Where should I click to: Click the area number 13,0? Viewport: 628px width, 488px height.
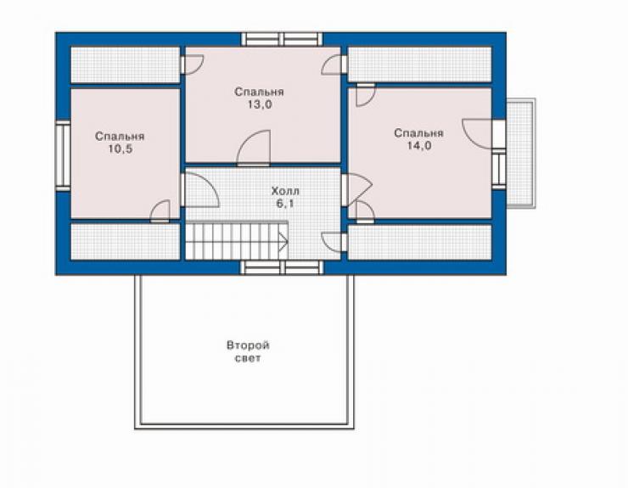pos(260,104)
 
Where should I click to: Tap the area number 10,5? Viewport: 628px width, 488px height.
pos(120,149)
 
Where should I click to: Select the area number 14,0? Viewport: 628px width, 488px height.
pos(419,146)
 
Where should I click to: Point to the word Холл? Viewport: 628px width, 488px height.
pos(285,191)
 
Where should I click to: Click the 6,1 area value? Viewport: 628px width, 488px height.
pos(285,204)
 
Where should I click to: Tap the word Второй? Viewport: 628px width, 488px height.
pos(248,345)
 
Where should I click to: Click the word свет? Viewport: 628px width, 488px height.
pos(248,358)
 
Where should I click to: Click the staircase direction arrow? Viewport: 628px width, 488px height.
pos(283,241)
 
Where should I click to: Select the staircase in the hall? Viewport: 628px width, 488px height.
pos(237,240)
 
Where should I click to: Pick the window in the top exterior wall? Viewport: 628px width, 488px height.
pos(282,40)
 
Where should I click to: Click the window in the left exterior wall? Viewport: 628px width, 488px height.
pos(63,156)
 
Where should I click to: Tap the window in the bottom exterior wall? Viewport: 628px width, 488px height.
pos(282,267)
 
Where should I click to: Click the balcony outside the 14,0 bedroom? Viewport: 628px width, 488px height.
pos(521,153)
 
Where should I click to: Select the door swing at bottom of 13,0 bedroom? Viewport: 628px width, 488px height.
pos(254,148)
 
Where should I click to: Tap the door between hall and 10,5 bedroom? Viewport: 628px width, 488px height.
pos(200,189)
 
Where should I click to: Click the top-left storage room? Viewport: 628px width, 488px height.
pos(126,65)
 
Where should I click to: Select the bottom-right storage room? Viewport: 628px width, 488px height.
pos(420,242)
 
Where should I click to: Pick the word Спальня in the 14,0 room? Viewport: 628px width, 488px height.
pos(419,133)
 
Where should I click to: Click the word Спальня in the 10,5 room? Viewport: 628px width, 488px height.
pos(120,137)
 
